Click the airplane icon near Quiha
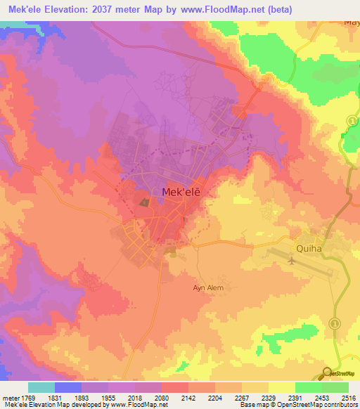(x=291, y=260)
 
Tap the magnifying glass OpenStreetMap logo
(x=327, y=372)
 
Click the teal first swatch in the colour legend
(x=41, y=387)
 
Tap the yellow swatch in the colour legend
(x=281, y=387)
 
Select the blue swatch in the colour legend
(x=67, y=387)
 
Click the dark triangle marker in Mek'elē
(x=144, y=203)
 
